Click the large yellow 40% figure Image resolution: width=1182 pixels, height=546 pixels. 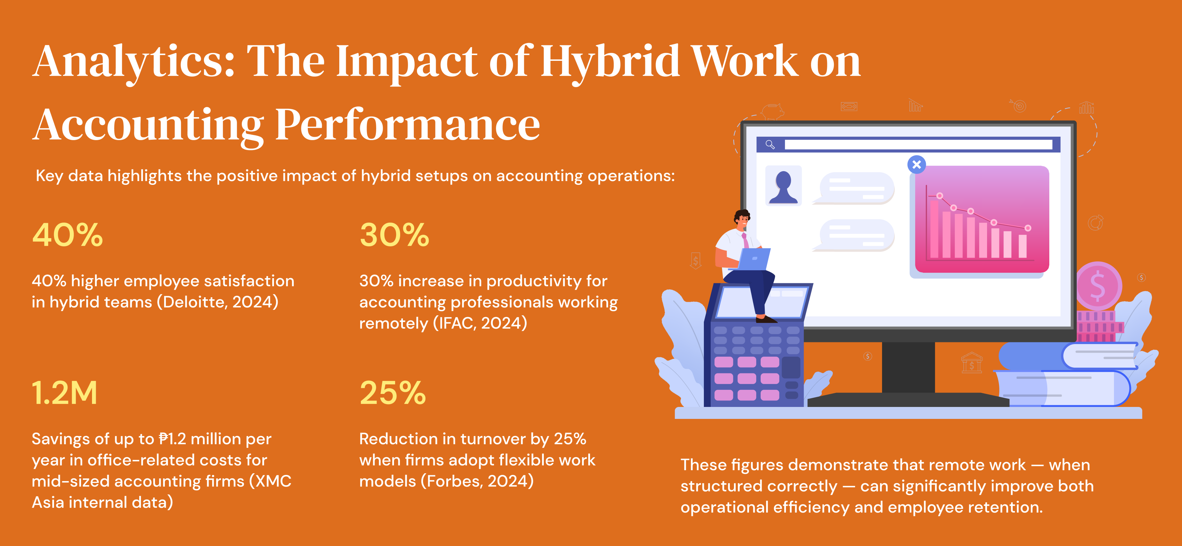[67, 235]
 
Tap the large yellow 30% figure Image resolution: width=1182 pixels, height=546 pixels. [394, 235]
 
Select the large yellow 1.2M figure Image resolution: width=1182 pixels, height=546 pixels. [65, 393]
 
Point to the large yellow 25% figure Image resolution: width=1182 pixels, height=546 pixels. [393, 393]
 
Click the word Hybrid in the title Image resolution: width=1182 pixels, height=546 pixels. [610, 62]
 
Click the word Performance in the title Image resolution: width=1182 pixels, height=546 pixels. [407, 125]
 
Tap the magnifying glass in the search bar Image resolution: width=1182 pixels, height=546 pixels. [770, 145]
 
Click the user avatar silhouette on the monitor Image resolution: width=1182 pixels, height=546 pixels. [783, 186]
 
